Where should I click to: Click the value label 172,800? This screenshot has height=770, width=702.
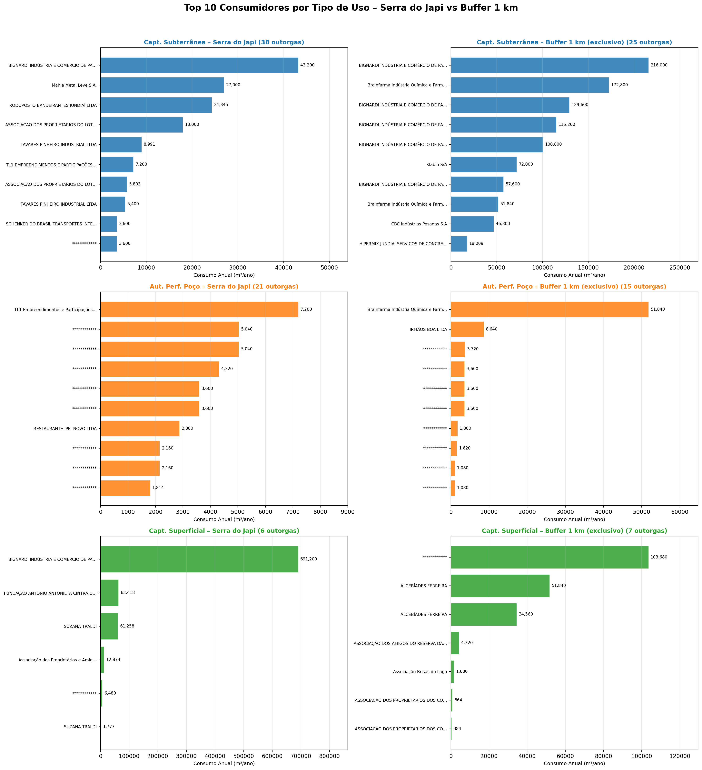[619, 85]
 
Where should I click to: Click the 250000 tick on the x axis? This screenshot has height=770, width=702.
[679, 268]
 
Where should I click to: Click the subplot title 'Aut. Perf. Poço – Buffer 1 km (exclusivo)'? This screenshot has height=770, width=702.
[574, 286]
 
